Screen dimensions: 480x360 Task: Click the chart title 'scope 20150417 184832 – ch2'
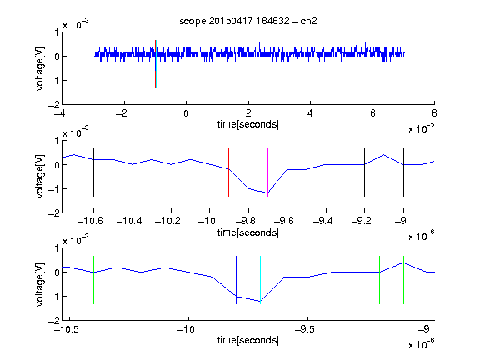pyautogui.click(x=248, y=21)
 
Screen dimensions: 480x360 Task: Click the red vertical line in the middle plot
pyautogui.click(x=228, y=172)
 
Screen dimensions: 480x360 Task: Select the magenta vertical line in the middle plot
pyautogui.click(x=267, y=172)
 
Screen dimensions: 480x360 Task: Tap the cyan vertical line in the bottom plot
pyautogui.click(x=260, y=280)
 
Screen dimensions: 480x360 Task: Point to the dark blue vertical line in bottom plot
pyautogui.click(x=237, y=280)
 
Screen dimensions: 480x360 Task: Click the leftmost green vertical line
pyautogui.click(x=93, y=280)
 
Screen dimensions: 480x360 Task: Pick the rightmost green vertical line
pyautogui.click(x=404, y=280)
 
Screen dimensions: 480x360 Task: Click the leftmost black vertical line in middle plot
pyautogui.click(x=93, y=172)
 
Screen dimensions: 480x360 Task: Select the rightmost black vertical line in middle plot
pyautogui.click(x=404, y=172)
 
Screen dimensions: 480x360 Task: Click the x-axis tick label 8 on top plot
pyautogui.click(x=434, y=113)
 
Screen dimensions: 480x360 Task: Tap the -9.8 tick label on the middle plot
pyautogui.click(x=246, y=221)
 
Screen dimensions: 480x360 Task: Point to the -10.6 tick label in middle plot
pyautogui.click(x=90, y=221)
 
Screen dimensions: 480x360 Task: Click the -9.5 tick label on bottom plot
pyautogui.click(x=305, y=329)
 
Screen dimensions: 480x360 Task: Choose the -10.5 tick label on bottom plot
pyautogui.click(x=67, y=329)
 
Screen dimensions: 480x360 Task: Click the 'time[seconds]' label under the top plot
pyautogui.click(x=248, y=124)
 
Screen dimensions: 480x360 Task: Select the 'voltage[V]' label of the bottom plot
pyautogui.click(x=40, y=284)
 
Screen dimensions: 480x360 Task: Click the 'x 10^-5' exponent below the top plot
pyautogui.click(x=422, y=128)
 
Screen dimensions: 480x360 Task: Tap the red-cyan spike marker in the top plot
pyautogui.click(x=156, y=64)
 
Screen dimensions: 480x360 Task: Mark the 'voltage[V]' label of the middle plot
pyautogui.click(x=40, y=177)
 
